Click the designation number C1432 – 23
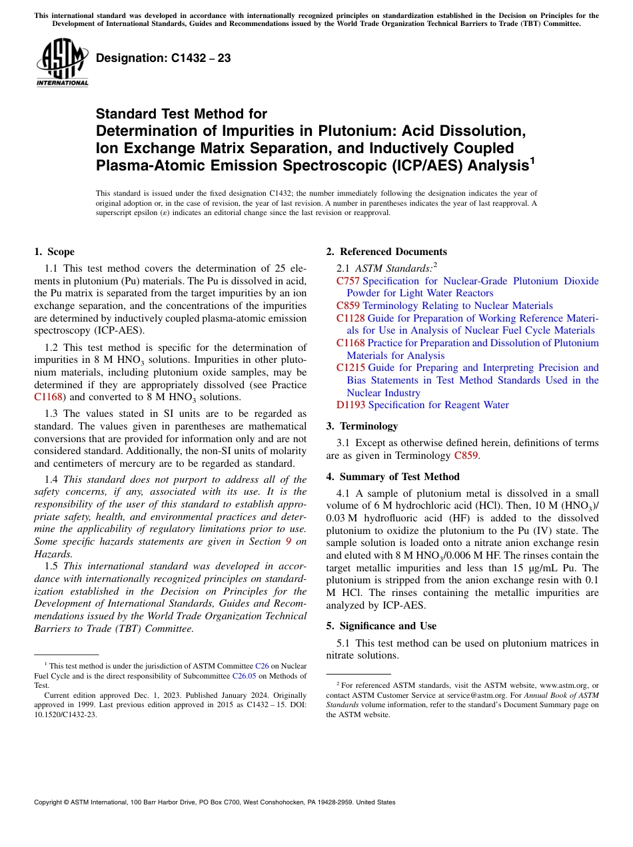(x=163, y=59)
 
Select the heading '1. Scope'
(x=55, y=252)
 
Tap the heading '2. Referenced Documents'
(x=386, y=252)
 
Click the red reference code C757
(x=348, y=281)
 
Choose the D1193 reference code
(x=350, y=405)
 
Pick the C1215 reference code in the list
(x=350, y=368)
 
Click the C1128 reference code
(x=350, y=318)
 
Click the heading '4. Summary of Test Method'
(x=392, y=477)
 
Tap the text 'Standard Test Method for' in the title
(x=181, y=114)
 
